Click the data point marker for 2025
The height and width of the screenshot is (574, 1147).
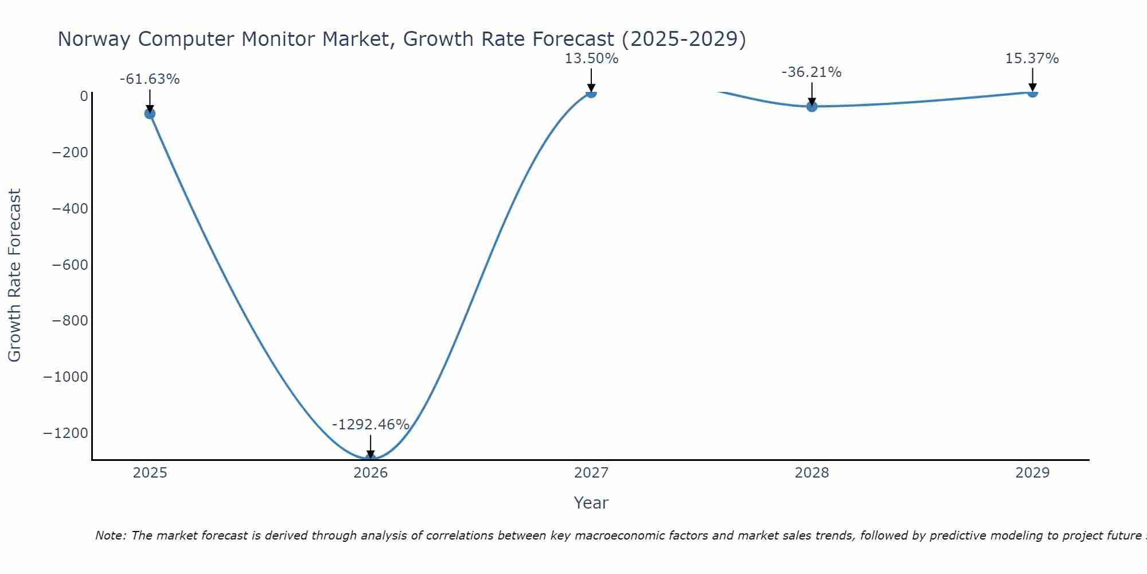tap(150, 114)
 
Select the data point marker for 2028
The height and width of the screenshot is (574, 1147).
tap(812, 106)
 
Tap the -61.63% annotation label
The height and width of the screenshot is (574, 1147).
tap(150, 79)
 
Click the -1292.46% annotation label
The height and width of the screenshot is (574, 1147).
tap(370, 425)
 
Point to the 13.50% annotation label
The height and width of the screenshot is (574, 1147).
tap(591, 59)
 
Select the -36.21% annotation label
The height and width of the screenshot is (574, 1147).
tap(812, 72)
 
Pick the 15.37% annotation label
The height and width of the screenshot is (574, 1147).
tap(1032, 59)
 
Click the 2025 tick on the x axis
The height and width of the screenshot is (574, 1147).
tap(150, 473)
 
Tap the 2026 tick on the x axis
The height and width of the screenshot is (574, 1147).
tap(370, 473)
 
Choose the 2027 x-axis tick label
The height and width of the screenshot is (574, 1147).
tap(591, 473)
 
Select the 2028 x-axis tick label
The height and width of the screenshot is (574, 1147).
tap(812, 473)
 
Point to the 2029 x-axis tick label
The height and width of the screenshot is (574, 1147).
tap(1032, 473)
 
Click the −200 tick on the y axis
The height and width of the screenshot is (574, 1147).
tap(70, 153)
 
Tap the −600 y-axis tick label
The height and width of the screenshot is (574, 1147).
tap(70, 265)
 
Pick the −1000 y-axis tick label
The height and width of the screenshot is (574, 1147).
tap(66, 377)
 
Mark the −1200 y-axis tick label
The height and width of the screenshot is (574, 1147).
tap(66, 433)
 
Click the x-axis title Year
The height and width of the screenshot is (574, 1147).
tap(591, 503)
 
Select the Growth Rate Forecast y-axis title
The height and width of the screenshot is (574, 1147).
tap(14, 276)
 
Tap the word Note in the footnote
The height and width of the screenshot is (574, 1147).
tap(110, 536)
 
